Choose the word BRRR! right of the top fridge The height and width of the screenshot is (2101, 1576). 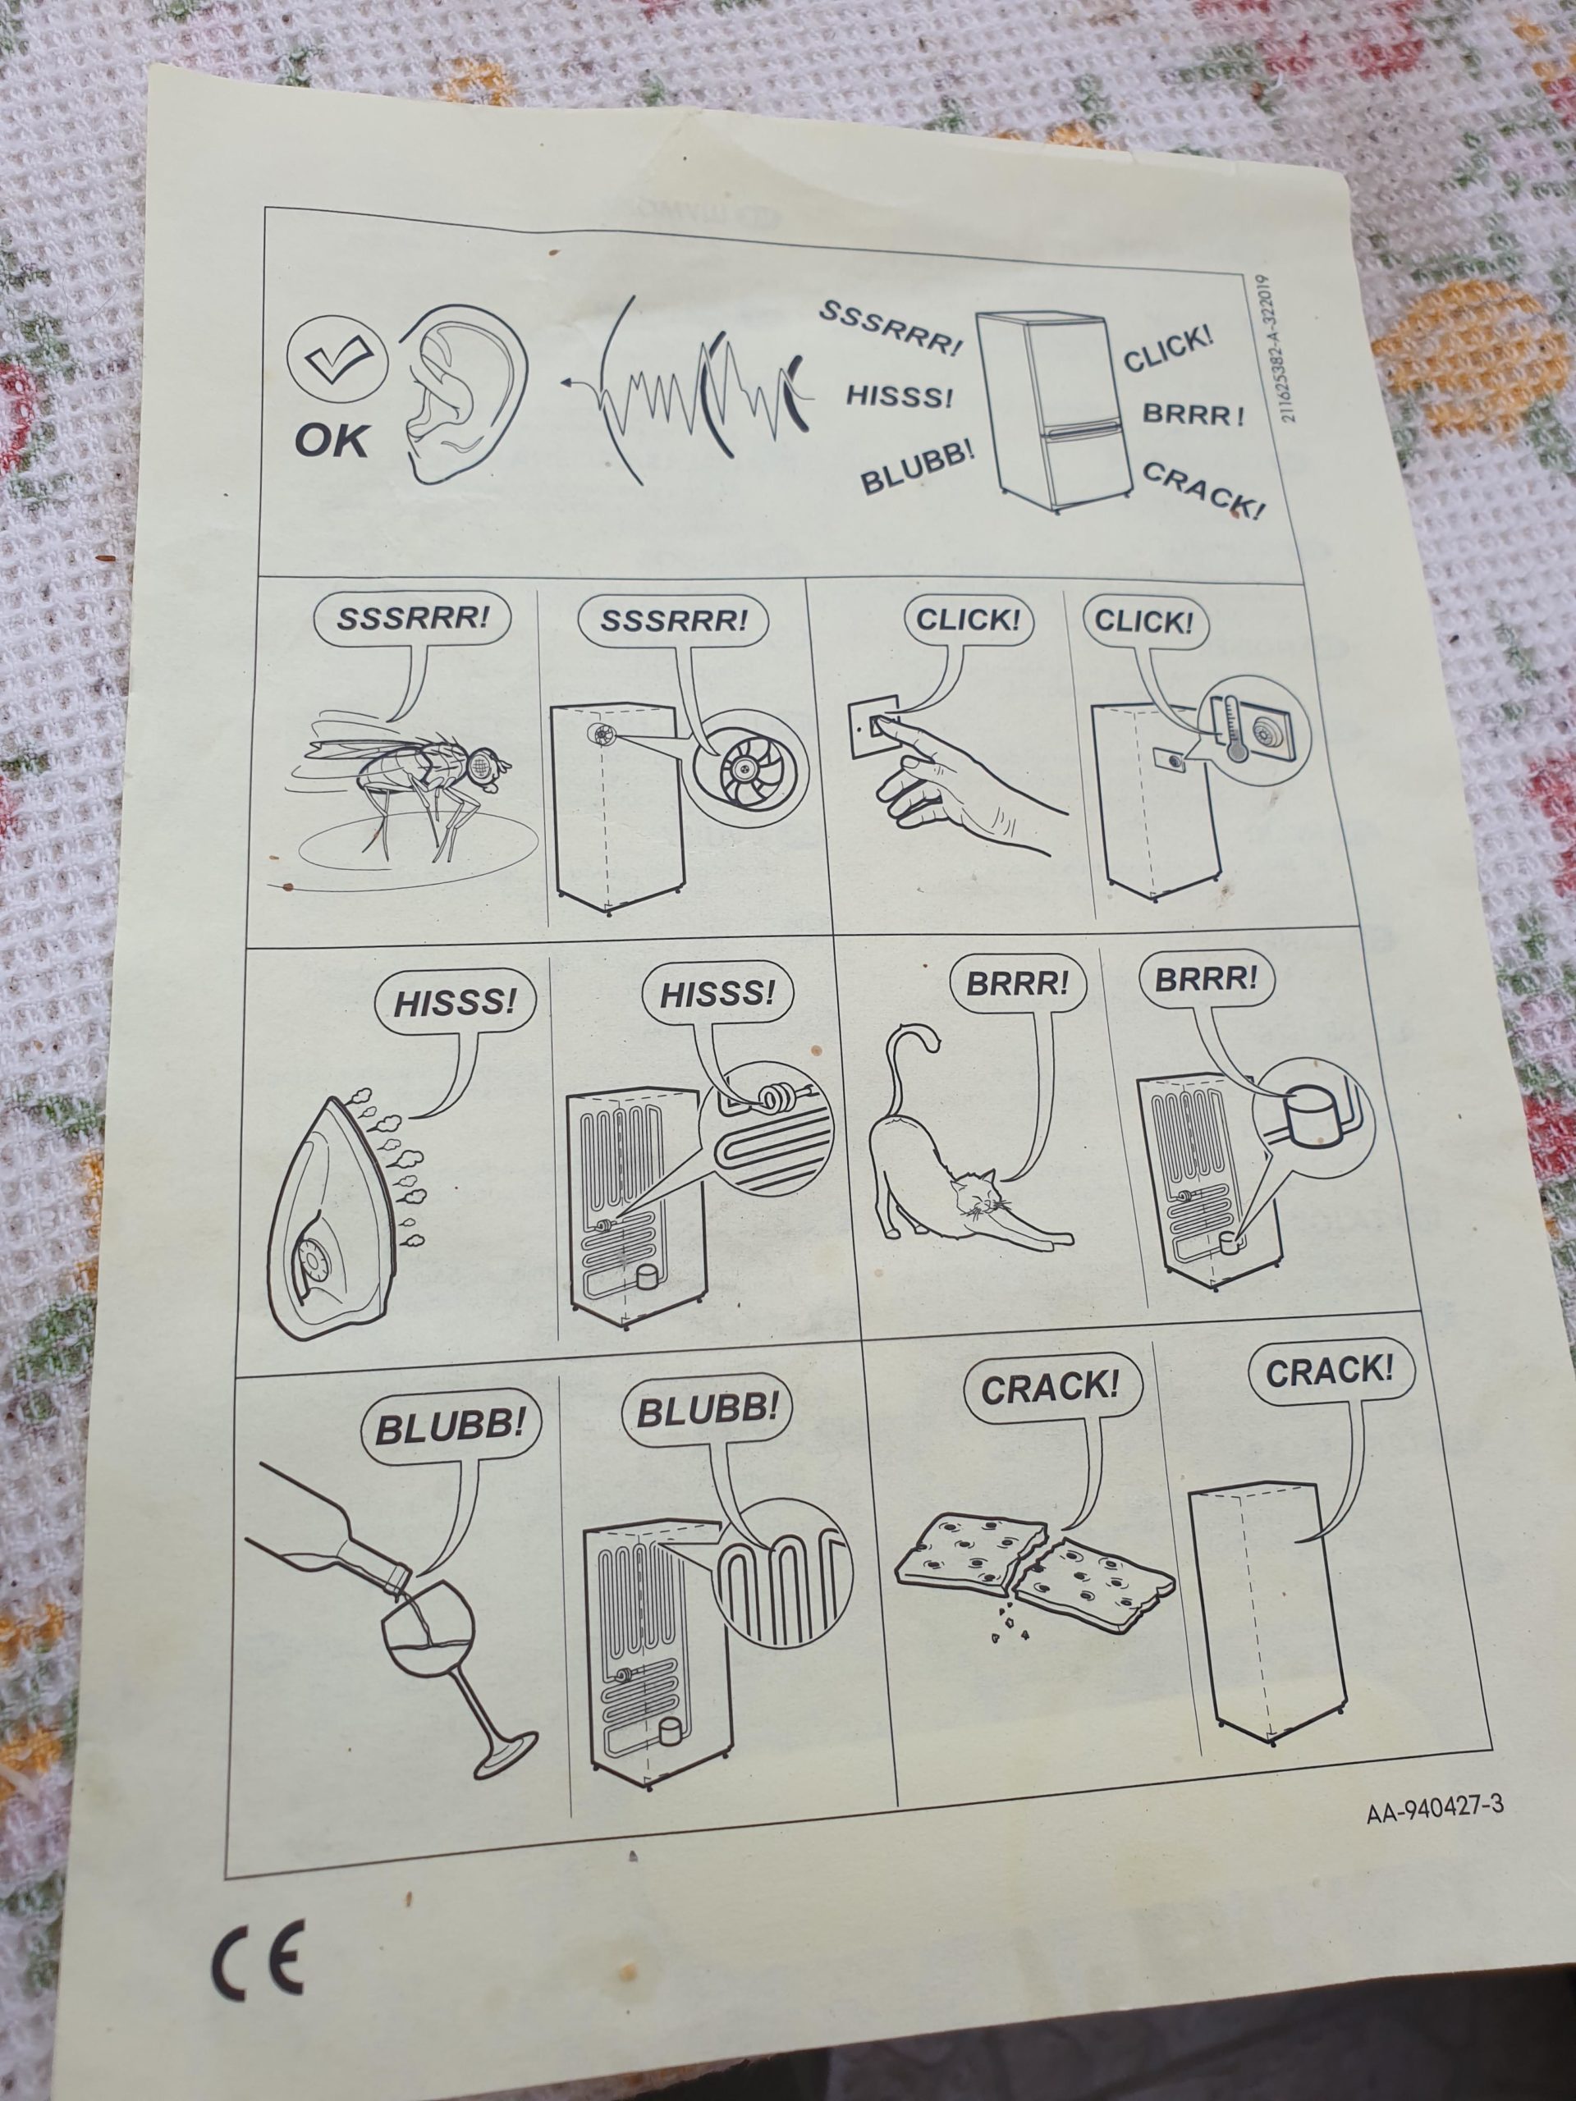pyautogui.click(x=1192, y=414)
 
